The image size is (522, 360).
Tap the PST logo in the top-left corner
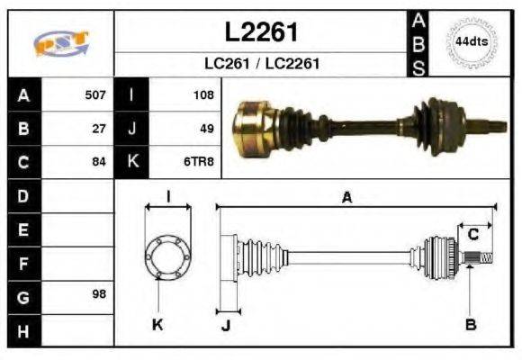point(60,42)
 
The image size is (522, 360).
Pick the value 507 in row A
point(95,94)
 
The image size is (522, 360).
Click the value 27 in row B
point(99,128)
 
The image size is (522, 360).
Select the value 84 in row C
point(99,162)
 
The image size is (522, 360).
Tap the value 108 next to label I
point(202,94)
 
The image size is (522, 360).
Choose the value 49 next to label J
point(206,128)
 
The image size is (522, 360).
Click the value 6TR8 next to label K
point(199,162)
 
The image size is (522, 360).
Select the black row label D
point(22,195)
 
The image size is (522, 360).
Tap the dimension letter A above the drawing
point(346,198)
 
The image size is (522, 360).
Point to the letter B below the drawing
point(471,323)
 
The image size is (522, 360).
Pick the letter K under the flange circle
point(158,323)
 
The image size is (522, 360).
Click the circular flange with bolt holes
point(167,256)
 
